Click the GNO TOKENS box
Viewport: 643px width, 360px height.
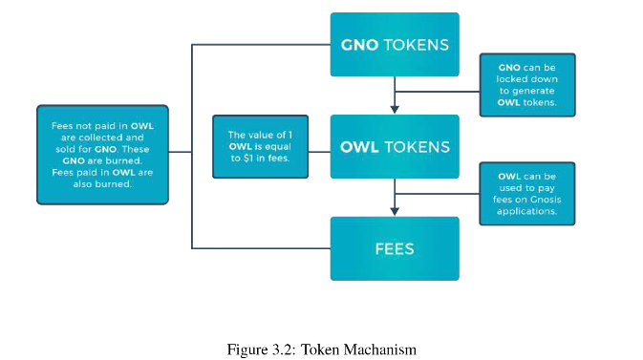coord(395,44)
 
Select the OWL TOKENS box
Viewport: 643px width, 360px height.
coord(395,146)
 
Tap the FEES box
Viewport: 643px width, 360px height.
coord(395,248)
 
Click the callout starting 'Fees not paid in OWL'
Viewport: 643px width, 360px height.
coord(102,155)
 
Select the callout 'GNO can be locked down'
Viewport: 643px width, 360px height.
coord(527,85)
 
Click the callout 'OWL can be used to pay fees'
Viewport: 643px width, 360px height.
coord(527,194)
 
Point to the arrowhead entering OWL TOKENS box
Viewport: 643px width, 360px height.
coord(395,109)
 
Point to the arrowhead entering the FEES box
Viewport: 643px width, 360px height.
coord(395,211)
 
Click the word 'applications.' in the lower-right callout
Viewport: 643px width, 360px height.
coord(527,211)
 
